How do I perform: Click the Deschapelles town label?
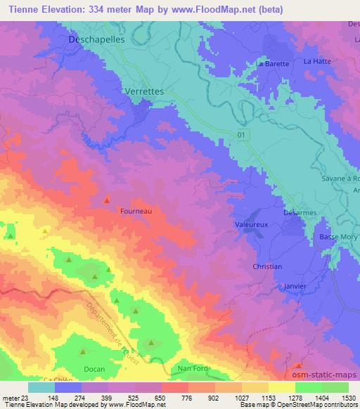97,40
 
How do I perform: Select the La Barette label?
273,64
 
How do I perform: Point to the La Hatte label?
316,62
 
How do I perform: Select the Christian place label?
267,267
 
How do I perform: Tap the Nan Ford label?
192,368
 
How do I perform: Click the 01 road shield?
242,134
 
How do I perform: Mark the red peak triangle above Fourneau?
107,200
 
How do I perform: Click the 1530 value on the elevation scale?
348,397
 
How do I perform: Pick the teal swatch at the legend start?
41,387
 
